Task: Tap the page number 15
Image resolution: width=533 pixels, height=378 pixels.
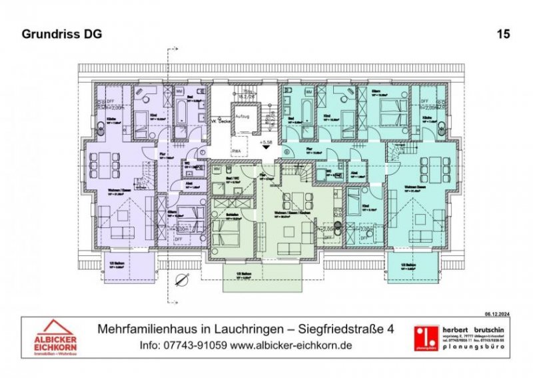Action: point(503,34)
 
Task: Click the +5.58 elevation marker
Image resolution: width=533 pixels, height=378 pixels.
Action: point(266,142)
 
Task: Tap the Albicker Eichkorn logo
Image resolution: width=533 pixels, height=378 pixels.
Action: point(57,335)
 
